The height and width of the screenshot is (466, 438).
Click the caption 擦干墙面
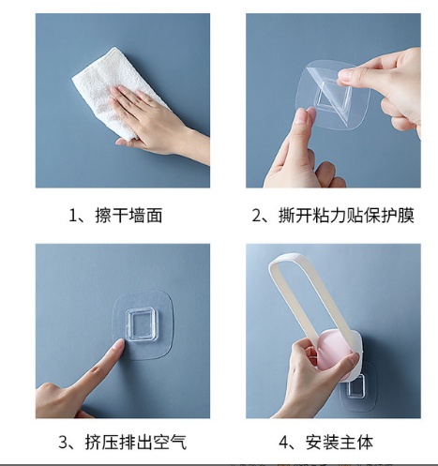click(128, 216)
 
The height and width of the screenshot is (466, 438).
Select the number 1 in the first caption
click(73, 216)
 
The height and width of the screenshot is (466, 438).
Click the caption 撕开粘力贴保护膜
click(346, 216)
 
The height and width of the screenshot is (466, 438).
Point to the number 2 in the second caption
click(257, 216)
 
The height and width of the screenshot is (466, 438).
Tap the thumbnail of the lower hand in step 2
click(302, 116)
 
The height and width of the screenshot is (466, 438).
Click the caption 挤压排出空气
click(136, 443)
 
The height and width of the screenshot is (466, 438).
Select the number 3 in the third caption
click(63, 443)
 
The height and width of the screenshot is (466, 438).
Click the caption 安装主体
click(340, 443)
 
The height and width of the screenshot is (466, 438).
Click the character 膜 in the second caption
click(406, 216)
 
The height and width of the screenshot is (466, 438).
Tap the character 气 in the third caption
click(178, 443)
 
